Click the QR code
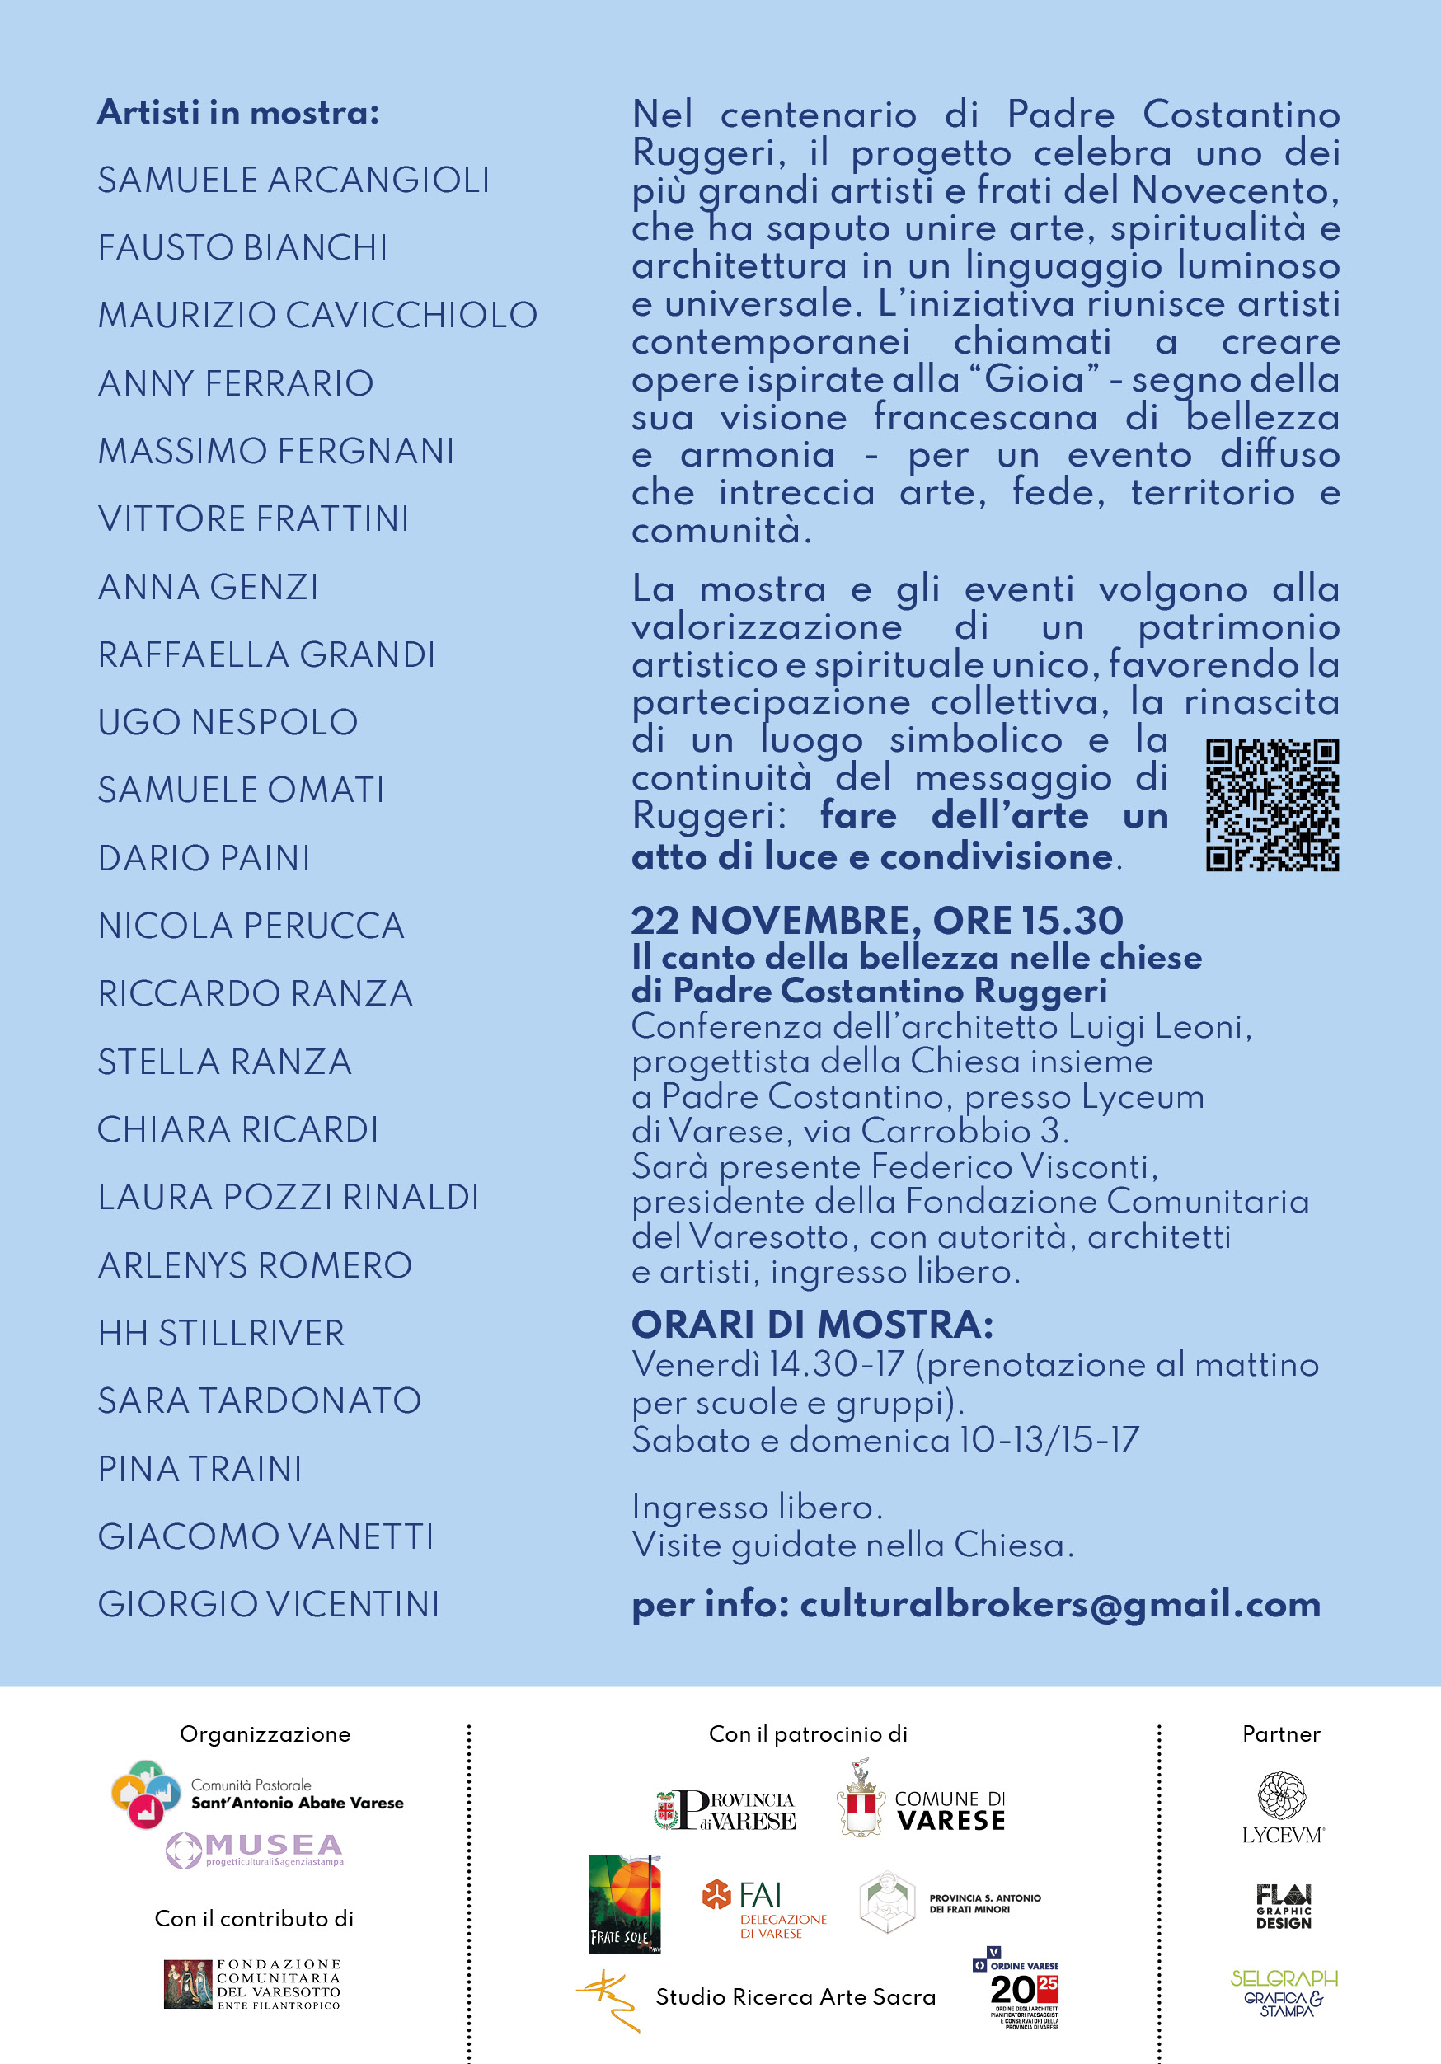1271,804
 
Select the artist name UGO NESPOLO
228,723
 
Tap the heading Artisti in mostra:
238,112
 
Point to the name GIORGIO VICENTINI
268,1605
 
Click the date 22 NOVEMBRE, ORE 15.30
876,921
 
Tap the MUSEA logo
256,1849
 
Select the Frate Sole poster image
625,1904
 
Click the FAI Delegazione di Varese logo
764,1907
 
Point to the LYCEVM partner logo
1282,1807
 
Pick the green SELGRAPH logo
1283,1991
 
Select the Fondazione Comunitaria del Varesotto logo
252,1984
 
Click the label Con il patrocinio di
807,1734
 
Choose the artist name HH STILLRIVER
221,1333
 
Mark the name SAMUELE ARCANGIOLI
293,181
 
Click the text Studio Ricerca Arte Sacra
795,1996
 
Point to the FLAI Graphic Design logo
1283,1907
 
